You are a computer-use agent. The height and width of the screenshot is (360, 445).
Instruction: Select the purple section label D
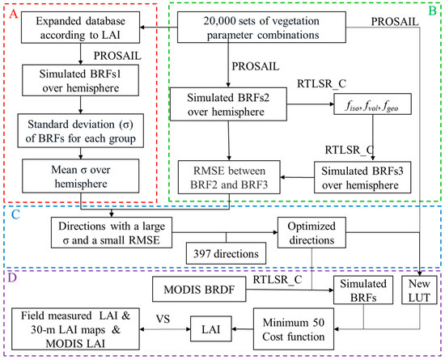pyautogui.click(x=11, y=277)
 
